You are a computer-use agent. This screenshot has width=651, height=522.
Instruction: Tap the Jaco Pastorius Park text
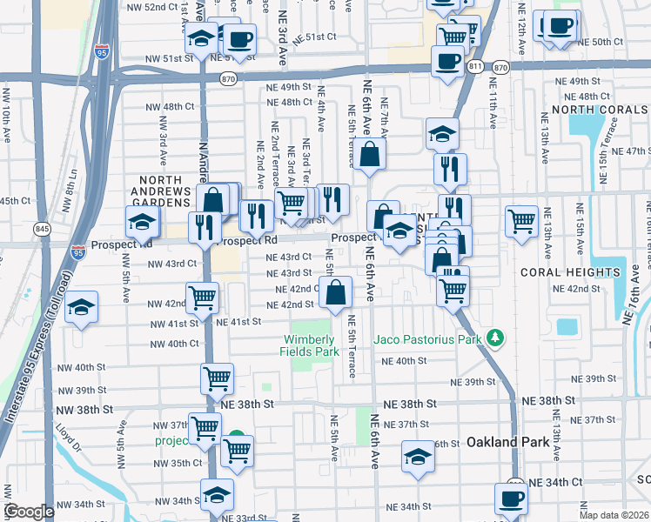428,339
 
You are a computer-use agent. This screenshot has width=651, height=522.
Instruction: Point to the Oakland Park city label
508,442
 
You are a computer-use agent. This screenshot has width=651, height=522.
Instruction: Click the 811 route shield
474,66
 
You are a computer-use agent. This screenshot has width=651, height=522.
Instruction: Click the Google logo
29,512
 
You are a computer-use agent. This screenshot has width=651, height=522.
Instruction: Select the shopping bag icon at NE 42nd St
336,292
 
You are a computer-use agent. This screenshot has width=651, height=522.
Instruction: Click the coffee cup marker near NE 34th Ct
511,499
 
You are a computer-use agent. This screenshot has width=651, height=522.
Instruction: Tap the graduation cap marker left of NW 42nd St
82,307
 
